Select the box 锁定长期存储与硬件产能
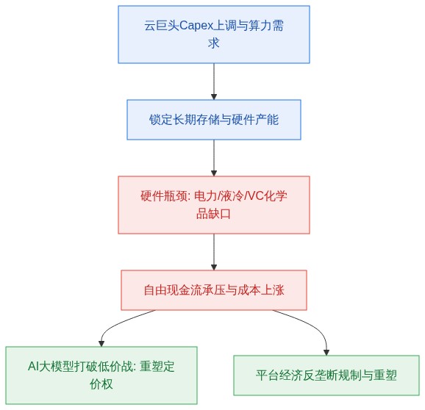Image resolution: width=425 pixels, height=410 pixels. click(214, 120)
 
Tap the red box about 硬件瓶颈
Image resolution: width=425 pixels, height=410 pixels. click(214, 205)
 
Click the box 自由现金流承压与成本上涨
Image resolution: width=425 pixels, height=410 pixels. click(214, 290)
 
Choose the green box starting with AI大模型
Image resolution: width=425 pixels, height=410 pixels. click(101, 375)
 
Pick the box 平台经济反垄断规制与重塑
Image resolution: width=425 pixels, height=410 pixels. click(326, 375)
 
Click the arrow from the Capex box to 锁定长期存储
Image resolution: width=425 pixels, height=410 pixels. click(214, 82)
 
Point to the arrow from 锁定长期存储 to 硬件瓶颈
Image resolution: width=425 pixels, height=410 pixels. click(214, 158)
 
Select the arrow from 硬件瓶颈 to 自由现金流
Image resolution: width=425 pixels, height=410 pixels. click(214, 252)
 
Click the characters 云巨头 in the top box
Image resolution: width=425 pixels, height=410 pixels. click(162, 26)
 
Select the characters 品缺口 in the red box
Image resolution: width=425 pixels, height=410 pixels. click(213, 214)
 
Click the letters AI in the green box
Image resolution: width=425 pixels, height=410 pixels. click(33, 367)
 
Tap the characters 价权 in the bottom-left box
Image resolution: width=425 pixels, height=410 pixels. click(101, 384)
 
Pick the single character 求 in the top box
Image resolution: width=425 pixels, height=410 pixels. click(214, 43)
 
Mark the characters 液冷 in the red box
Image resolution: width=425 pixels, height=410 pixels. click(232, 195)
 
